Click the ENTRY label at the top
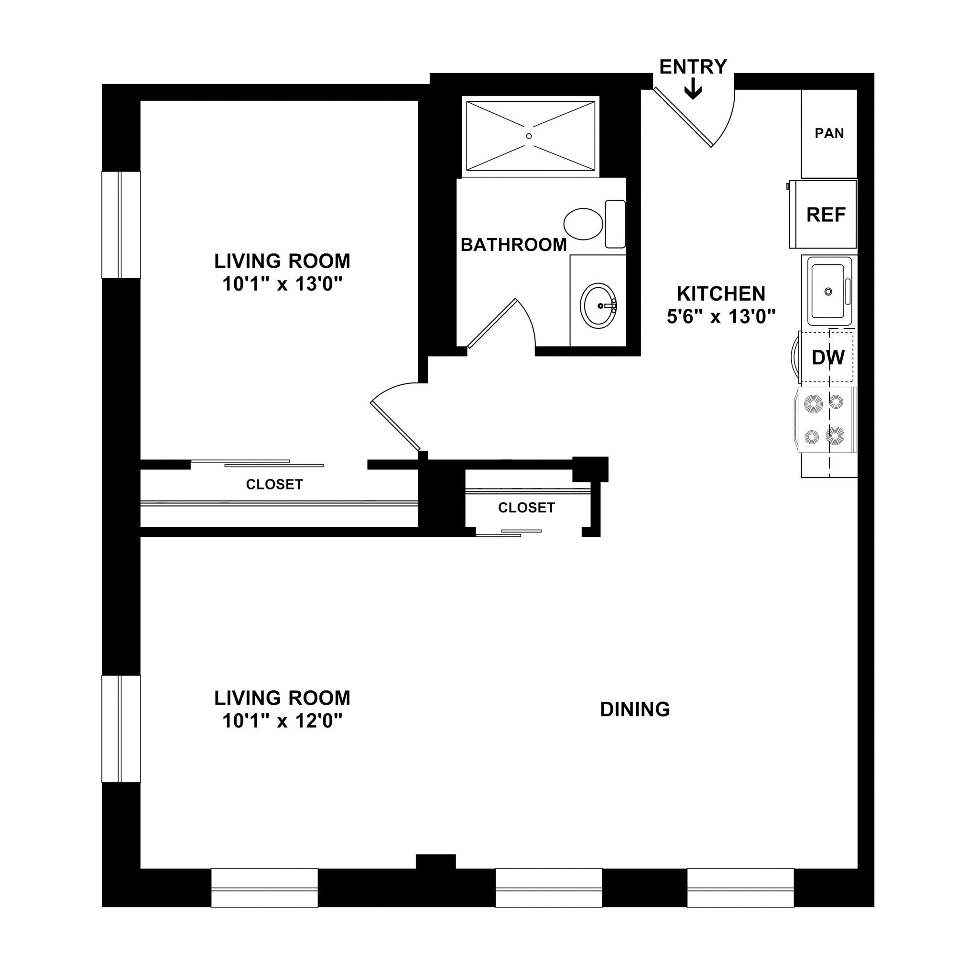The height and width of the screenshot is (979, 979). pos(693,67)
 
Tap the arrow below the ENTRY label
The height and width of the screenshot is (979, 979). pos(693,91)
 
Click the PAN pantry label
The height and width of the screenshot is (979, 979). pos(829,133)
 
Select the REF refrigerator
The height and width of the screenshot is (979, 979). pos(826,215)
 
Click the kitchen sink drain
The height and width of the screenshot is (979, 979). pos(828,292)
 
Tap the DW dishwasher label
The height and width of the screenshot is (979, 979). pos(828,358)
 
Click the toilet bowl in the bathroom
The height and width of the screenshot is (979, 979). pos(583,223)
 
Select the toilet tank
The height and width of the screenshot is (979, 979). pos(615,223)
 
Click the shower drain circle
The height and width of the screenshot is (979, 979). pos(529,136)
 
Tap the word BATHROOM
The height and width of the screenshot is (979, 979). pos(513,245)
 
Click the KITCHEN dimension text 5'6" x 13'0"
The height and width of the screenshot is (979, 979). pos(720,317)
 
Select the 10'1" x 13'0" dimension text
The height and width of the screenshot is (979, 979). pos(282,284)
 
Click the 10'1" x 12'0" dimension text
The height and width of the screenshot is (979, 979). pos(282,720)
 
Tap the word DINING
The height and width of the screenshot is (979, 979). pos(634,709)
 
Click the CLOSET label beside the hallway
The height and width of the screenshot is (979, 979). pos(526,508)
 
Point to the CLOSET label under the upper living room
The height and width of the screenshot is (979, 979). pos(274,484)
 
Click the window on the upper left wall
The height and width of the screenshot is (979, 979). pos(121,225)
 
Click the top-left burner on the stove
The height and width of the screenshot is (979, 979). pos(814,404)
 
